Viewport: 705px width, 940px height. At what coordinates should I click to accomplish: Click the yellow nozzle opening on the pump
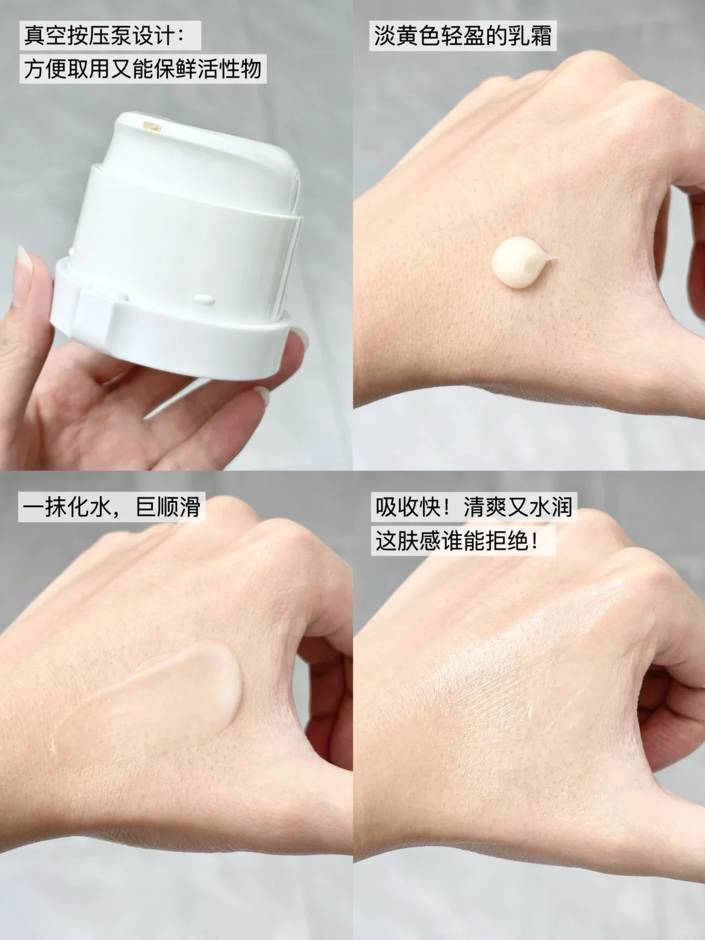pyautogui.click(x=151, y=127)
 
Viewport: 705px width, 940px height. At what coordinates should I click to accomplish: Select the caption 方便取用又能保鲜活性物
pyautogui.click(x=142, y=69)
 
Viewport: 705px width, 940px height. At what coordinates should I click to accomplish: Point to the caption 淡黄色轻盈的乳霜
pyautogui.click(x=463, y=35)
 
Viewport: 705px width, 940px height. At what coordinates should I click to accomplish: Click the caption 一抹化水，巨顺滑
pyautogui.click(x=111, y=507)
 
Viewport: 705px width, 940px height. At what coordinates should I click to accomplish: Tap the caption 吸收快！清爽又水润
pyautogui.click(x=474, y=507)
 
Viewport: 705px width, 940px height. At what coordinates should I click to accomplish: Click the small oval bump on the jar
pyautogui.click(x=204, y=298)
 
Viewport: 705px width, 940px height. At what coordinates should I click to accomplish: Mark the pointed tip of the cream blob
pyautogui.click(x=556, y=257)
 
